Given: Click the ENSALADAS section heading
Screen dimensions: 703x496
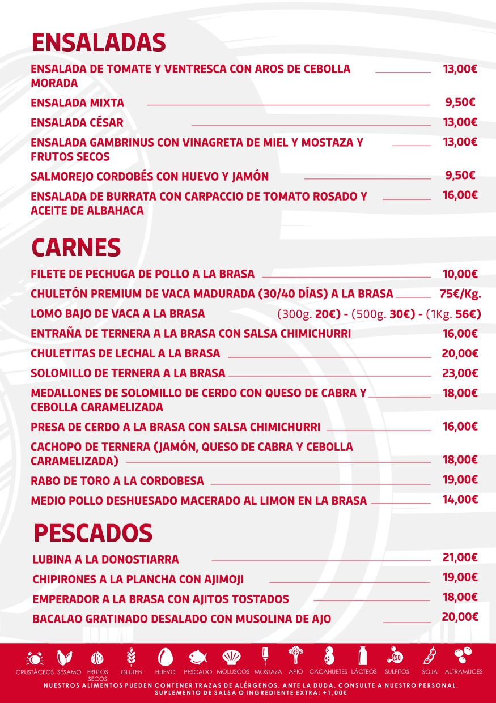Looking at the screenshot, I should [98, 42].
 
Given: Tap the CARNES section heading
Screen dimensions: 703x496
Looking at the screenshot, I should [76, 248].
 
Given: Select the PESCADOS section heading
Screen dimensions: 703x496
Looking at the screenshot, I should [93, 533].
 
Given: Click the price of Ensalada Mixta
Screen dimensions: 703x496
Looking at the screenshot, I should [460, 103].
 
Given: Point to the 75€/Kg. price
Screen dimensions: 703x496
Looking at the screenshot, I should [460, 293].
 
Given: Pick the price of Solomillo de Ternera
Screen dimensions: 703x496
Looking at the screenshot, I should [460, 373].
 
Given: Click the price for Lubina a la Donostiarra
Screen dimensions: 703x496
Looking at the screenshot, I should [460, 557].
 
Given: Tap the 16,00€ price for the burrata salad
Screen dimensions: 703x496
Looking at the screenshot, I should [460, 195].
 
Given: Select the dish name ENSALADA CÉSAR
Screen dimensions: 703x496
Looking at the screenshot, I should [77, 122].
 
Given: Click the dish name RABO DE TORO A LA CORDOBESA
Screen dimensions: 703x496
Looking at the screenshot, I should [117, 481].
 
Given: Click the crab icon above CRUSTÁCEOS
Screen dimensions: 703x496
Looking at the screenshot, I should [35, 659].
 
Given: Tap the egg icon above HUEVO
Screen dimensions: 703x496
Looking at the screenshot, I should [165, 657].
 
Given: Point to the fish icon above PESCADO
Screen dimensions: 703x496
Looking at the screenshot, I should [198, 658].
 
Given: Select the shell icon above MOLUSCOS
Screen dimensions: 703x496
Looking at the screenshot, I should [232, 657].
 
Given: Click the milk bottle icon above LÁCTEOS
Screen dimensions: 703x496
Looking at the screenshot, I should [363, 656].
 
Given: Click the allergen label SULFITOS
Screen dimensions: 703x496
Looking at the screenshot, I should [397, 672].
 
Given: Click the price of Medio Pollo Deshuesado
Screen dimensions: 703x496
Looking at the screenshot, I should [460, 500].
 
